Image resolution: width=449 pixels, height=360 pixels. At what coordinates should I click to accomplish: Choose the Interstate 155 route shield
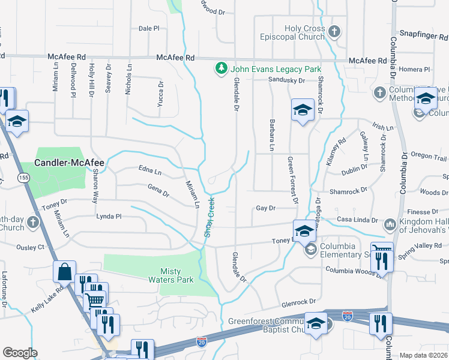(x=23, y=178)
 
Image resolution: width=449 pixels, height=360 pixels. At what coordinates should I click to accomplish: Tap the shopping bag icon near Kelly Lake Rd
(x=64, y=271)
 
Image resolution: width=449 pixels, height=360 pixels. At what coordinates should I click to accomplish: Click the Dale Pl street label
(x=149, y=28)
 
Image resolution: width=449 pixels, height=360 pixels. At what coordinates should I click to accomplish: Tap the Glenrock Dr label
(x=298, y=302)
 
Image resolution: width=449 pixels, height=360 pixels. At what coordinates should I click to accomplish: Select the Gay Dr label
(x=265, y=208)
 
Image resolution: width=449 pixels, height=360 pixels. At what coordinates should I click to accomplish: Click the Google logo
(x=20, y=353)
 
